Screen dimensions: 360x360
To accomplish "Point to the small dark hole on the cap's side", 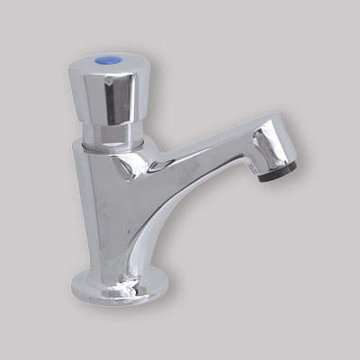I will tap(106, 81).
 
